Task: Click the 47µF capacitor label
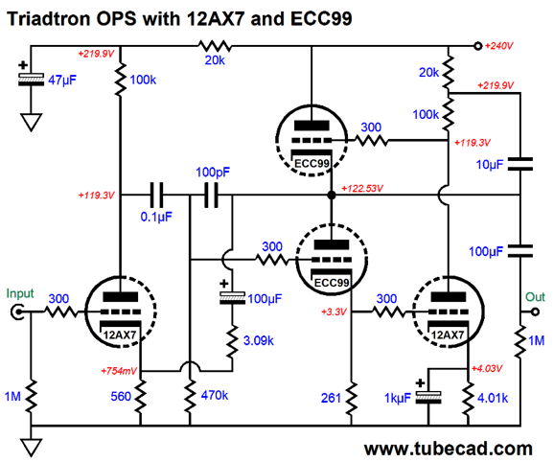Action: click(x=62, y=81)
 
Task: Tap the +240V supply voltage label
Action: click(x=498, y=46)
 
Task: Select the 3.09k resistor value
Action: click(x=258, y=340)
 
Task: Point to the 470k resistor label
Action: click(x=215, y=395)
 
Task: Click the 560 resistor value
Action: click(x=121, y=396)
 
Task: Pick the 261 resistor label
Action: click(x=331, y=398)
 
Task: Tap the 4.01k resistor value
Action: click(x=493, y=398)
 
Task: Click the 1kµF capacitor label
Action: click(x=398, y=399)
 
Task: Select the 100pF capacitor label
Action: click(x=213, y=173)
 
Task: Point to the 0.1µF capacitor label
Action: click(x=156, y=217)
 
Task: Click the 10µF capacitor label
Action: click(x=490, y=165)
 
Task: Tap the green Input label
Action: click(x=20, y=294)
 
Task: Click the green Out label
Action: click(x=535, y=297)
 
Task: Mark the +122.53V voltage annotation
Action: click(x=362, y=188)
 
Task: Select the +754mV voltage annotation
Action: click(x=119, y=371)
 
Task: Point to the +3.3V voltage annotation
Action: click(x=334, y=312)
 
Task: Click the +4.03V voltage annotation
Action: click(x=487, y=369)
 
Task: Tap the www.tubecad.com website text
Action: click(x=449, y=449)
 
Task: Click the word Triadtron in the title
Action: click(x=49, y=18)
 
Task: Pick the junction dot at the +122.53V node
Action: click(x=332, y=195)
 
